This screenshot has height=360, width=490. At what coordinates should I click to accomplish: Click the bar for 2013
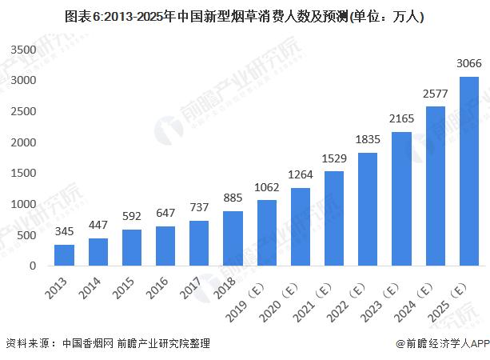[x=64, y=255]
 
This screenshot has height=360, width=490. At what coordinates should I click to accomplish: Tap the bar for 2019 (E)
[x=267, y=233]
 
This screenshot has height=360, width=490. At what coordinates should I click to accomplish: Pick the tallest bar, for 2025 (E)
[x=469, y=171]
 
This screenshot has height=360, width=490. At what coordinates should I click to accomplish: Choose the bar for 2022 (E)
[x=368, y=209]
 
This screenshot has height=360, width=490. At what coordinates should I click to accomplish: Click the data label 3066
[x=469, y=64]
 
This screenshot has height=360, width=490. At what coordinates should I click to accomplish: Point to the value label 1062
[x=267, y=188]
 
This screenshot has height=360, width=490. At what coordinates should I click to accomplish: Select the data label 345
[x=64, y=232]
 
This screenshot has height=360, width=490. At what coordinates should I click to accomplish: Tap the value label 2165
[x=402, y=120]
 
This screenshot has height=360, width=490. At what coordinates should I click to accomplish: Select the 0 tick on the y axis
[x=33, y=266]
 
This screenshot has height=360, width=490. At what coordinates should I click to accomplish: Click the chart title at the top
[x=245, y=15]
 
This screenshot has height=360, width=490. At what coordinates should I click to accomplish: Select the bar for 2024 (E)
[x=436, y=186]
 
